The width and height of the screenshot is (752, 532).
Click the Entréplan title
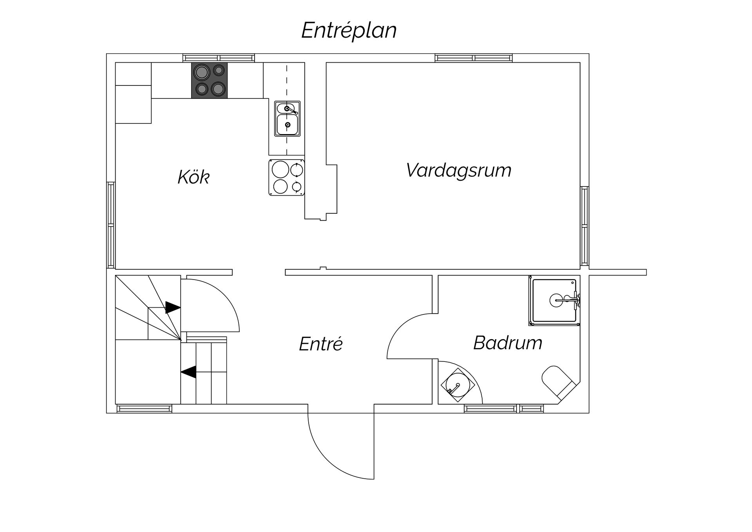pos(349,31)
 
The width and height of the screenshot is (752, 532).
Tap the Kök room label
pos(193,177)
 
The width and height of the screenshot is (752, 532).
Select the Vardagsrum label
pos(459,171)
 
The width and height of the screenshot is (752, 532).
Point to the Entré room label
pos(321,344)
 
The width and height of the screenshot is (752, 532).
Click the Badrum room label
pos(508,343)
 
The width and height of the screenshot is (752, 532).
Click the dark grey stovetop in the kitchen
pos(209,80)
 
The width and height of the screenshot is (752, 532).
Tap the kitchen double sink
pos(287,119)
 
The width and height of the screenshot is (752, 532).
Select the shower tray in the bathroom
pos(554,301)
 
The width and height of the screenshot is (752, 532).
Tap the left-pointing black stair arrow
pos(188,372)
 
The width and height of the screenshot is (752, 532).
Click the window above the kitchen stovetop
pos(219,58)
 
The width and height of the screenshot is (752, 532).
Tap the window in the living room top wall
pos(474,58)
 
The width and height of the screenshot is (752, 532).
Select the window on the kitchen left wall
pos(111,225)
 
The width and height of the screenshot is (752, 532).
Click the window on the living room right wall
pos(584,226)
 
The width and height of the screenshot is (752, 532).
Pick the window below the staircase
pos(145,409)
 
